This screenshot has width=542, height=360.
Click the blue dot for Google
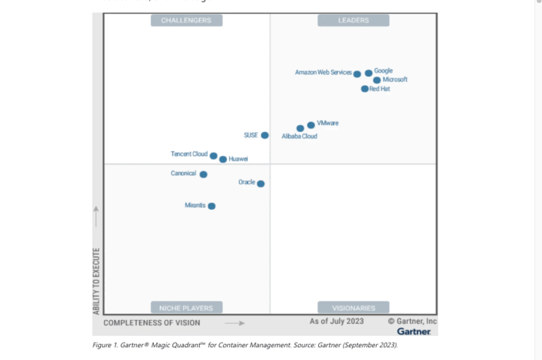(x=368, y=73)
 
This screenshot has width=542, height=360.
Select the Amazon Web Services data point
(x=357, y=74)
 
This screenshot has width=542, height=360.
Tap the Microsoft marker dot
(x=377, y=80)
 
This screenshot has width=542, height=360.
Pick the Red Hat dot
(x=365, y=89)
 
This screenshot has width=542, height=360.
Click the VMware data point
(x=311, y=125)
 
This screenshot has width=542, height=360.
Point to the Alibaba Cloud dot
(x=301, y=128)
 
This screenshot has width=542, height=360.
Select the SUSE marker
(x=265, y=135)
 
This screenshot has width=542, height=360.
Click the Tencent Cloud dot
(x=214, y=156)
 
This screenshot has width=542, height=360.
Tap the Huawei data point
(x=223, y=160)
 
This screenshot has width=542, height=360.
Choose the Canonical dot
(x=203, y=174)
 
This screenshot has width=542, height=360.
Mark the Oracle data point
(x=260, y=184)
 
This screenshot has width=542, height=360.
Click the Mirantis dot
(x=212, y=206)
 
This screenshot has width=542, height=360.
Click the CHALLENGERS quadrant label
(x=186, y=20)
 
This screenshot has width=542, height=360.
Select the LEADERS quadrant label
(x=354, y=20)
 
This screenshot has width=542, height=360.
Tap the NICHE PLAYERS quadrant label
(x=186, y=308)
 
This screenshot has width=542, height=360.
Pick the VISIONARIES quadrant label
(x=354, y=308)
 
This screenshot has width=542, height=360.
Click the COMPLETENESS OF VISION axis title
(x=152, y=323)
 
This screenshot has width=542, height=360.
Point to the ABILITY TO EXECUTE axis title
(x=97, y=281)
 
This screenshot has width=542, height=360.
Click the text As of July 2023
(x=337, y=321)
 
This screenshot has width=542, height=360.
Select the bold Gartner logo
(x=414, y=331)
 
